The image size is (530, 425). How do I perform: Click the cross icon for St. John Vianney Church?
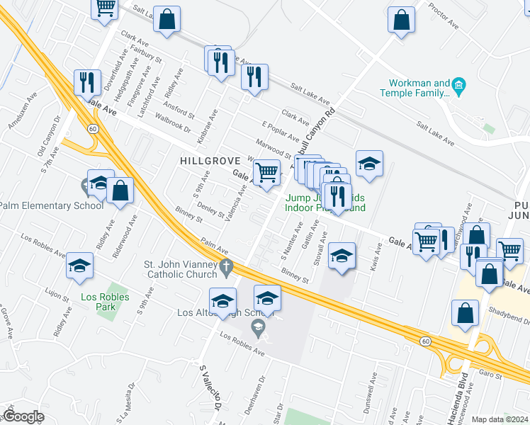[226, 267]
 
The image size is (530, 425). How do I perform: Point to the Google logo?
[23, 416]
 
